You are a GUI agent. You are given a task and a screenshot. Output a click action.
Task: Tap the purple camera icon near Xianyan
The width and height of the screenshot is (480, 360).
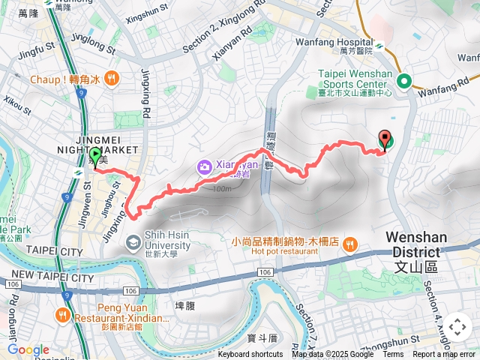203,166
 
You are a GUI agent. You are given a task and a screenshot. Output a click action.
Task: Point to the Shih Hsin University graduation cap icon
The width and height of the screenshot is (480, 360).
133,241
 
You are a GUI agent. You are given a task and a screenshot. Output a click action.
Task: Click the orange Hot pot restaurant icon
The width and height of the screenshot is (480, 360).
350,244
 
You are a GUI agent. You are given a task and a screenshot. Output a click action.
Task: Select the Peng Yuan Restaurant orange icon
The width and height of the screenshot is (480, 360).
64,316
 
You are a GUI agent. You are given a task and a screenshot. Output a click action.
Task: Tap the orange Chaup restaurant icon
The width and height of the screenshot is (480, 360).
111,78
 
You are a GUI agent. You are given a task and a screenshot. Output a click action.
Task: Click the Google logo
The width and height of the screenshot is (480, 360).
28,349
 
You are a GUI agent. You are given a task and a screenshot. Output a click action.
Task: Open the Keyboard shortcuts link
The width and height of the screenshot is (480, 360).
250,355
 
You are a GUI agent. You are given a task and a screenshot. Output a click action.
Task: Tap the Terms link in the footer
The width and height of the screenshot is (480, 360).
393,355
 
